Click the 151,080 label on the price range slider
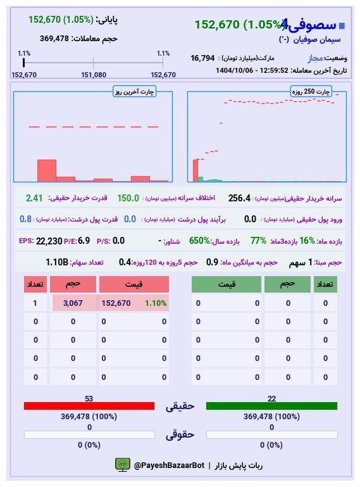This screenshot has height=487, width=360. [94, 75]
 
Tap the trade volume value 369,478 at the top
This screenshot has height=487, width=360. [54, 39]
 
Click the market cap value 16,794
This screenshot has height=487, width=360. [202, 58]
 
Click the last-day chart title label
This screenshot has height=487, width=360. [135, 92]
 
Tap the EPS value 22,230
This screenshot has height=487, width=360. [49, 241]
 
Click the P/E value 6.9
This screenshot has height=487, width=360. [84, 241]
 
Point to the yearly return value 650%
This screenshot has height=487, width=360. [199, 241]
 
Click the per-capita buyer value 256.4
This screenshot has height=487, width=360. [239, 198]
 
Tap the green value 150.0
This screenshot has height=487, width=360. [128, 198]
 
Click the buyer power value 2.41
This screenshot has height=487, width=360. [34, 198]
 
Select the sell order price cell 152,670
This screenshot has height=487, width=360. [116, 303]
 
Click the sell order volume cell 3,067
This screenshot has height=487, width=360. [73, 303]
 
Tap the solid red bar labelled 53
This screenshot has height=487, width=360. [89, 406]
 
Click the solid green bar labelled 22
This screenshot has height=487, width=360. [271, 406]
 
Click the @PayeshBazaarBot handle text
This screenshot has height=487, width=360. [169, 465]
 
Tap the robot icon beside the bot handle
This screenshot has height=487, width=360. [122, 465]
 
